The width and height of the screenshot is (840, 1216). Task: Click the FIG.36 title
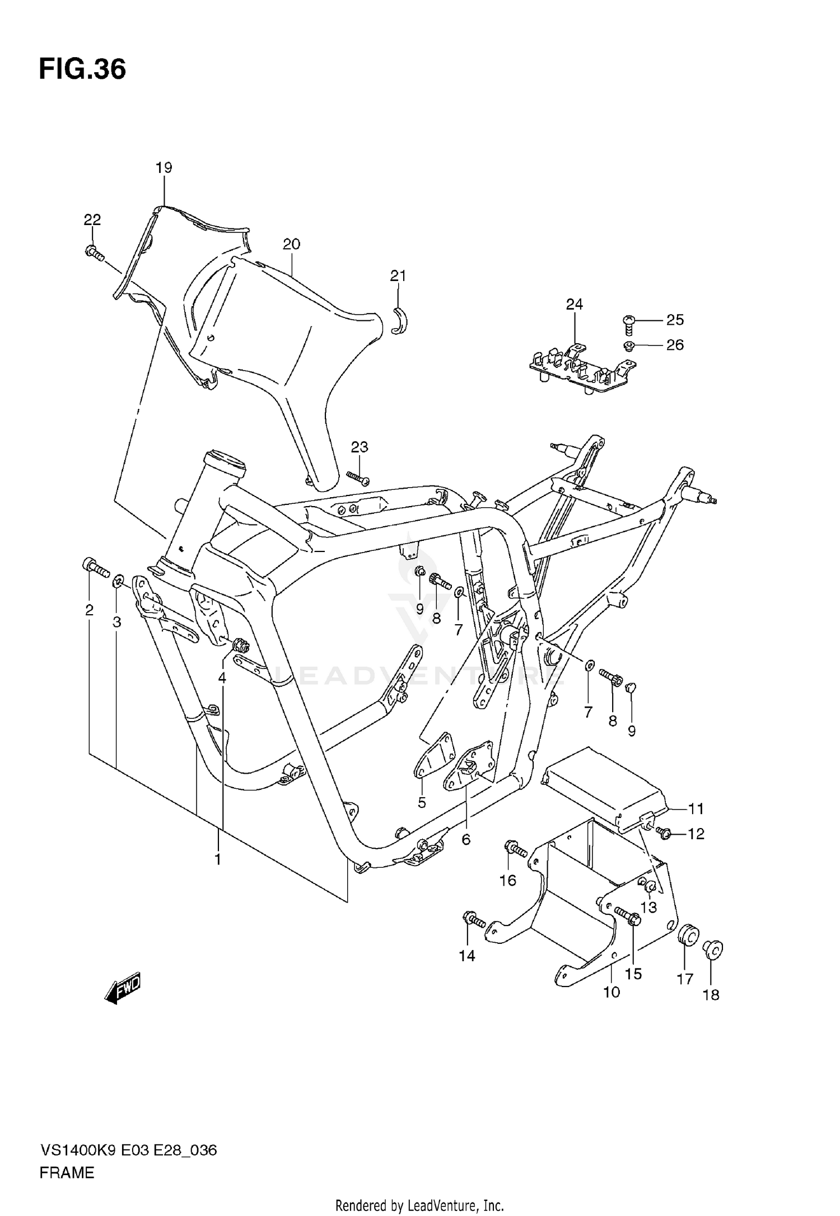(82, 70)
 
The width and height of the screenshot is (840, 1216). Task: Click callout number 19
(164, 167)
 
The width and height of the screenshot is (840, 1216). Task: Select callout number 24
(574, 304)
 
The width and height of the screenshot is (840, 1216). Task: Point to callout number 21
(398, 275)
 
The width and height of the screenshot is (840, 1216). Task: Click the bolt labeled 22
(95, 254)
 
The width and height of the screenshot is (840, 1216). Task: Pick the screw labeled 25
(629, 323)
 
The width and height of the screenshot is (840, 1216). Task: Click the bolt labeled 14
(474, 919)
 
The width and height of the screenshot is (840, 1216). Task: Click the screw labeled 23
(358, 478)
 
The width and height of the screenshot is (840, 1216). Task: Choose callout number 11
(696, 808)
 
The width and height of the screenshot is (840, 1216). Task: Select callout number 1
(218, 859)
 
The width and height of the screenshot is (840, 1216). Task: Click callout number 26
(675, 345)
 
